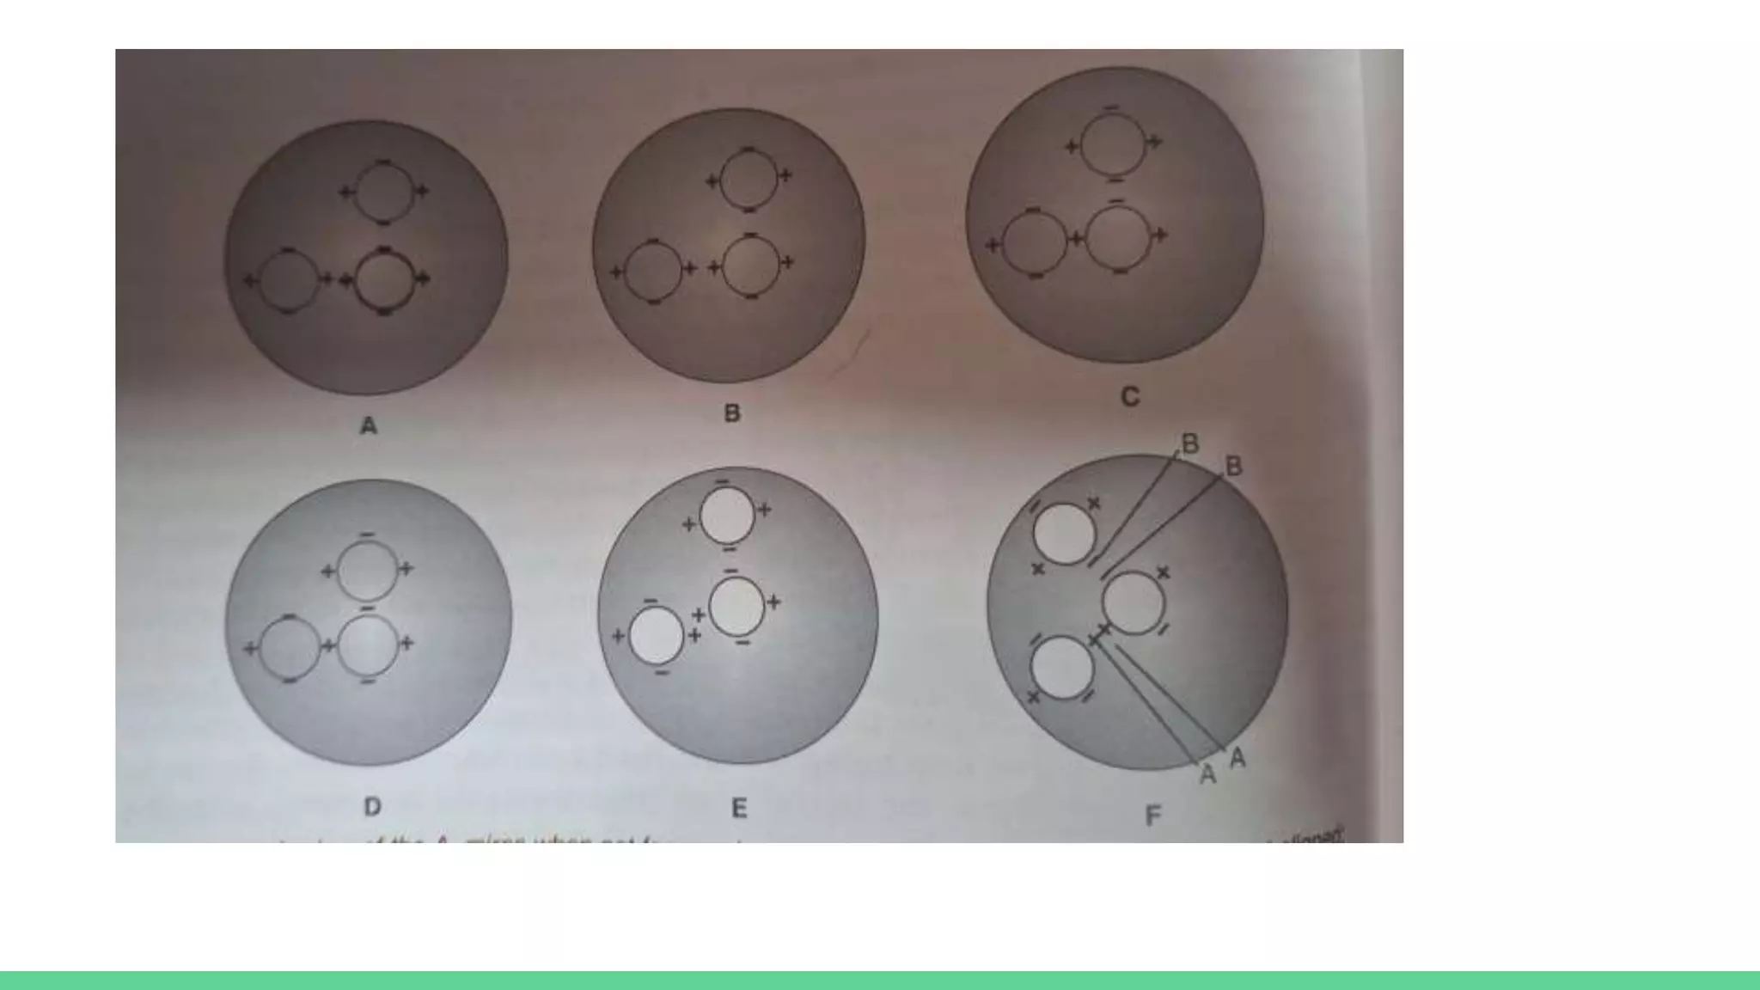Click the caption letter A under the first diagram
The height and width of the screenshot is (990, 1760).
point(369,425)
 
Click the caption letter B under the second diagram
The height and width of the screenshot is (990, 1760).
point(732,413)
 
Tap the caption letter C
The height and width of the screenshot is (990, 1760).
point(1130,397)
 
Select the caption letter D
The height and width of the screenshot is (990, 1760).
point(372,807)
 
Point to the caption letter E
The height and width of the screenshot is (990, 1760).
point(739,808)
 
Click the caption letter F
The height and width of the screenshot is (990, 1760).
point(1153,815)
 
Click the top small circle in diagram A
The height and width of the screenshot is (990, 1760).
point(384,192)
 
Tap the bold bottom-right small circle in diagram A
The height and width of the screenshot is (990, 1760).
point(385,278)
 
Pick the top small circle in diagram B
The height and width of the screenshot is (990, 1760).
point(749,180)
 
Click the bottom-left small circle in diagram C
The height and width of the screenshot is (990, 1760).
point(1035,243)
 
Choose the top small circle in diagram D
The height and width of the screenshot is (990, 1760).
point(368,570)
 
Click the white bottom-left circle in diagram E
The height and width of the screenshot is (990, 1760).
point(657,636)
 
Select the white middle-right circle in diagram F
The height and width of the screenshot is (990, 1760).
point(1133,603)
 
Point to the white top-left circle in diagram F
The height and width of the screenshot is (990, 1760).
point(1064,534)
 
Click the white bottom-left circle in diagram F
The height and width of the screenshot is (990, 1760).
point(1062,668)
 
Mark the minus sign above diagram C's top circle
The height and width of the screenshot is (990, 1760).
point(1111,107)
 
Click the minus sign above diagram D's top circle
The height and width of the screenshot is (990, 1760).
point(367,535)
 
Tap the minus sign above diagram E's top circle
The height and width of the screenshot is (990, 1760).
point(722,481)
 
